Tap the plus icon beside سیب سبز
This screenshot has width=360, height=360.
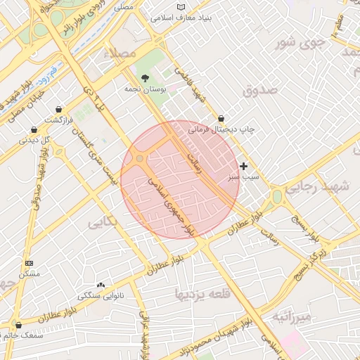pos(243,166)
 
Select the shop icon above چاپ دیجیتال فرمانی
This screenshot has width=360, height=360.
pos(221,119)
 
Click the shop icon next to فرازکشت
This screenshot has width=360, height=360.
pos(58,109)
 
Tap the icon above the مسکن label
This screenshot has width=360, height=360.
pos(28,262)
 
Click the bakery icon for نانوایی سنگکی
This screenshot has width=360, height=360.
pos(101,285)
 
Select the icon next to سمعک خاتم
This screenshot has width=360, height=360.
pos(18,325)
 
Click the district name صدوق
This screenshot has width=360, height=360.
pos(260,91)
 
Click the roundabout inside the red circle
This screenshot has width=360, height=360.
pos(140,159)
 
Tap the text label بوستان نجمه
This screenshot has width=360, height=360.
pos(144,90)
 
